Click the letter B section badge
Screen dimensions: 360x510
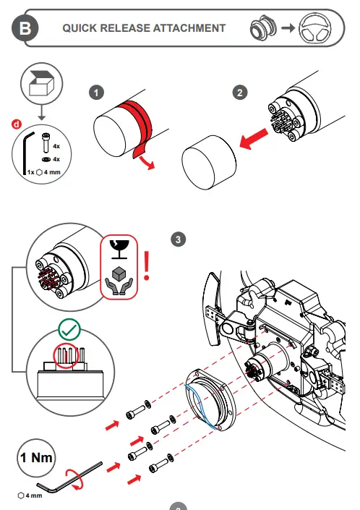pos(25,28)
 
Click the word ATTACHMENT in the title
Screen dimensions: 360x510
pos(189,28)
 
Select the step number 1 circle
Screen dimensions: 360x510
pos(96,93)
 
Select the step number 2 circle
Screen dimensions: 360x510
pos(240,93)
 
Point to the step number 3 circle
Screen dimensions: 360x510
pos(178,239)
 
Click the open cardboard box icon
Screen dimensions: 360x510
pos(41,83)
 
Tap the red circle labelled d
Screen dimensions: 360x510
pos(16,124)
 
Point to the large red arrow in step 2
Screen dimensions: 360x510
pos(254,139)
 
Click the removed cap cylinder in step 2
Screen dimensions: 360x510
pos(209,162)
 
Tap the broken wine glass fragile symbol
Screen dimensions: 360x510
pos(119,250)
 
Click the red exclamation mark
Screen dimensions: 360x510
pos(147,265)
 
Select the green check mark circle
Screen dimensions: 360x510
pos(69,330)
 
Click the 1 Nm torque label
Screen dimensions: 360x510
pos(36,458)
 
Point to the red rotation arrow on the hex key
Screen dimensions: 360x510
pos(74,479)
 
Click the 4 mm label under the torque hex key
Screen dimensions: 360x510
pos(30,496)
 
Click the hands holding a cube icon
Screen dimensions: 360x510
pos(119,281)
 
